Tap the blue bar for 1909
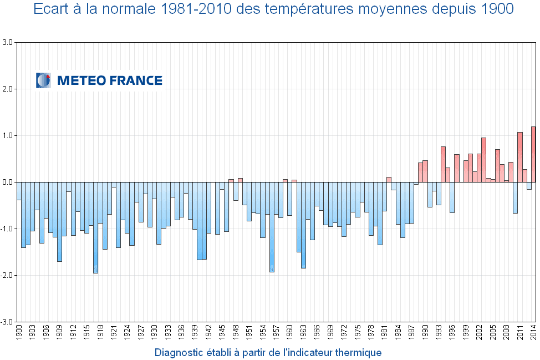pyautogui.click(x=59, y=221)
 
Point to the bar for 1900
pyautogui.click(x=19, y=191)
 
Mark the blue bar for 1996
pyautogui.click(x=452, y=197)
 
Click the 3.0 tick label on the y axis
pyautogui.click(x=8, y=42)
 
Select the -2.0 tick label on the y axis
pyautogui.click(x=7, y=275)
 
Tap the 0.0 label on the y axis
pyautogui.click(x=8, y=182)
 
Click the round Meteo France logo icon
pyautogui.click(x=43, y=80)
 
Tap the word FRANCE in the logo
pyautogui.click(x=136, y=81)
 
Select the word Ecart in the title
pyautogui.click(x=49, y=9)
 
